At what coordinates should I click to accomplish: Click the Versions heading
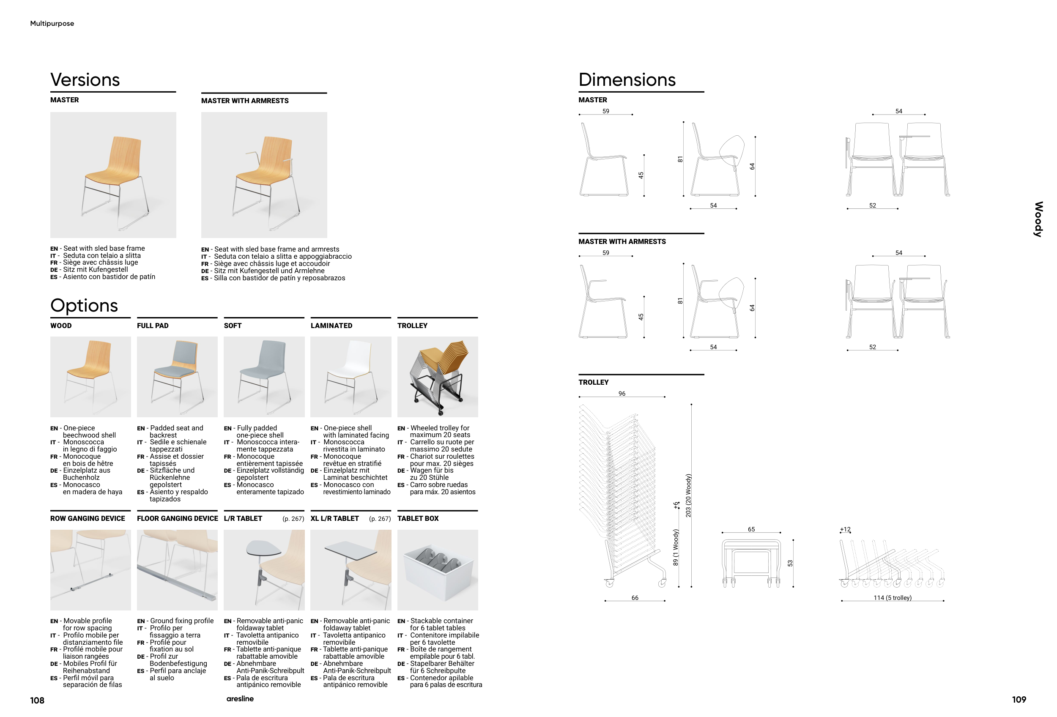(85, 79)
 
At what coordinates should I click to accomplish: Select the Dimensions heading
(627, 79)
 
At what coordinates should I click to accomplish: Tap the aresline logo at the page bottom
(240, 699)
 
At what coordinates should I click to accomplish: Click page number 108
(37, 700)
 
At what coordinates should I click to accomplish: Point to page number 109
(1019, 700)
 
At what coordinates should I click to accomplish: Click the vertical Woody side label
(1038, 219)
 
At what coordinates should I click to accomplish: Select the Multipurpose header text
(52, 24)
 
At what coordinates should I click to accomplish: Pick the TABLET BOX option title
(418, 518)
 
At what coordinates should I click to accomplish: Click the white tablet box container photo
(438, 570)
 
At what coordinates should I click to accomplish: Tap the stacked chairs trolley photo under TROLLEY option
(438, 377)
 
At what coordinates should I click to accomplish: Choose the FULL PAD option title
(153, 326)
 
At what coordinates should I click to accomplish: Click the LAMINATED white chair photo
(351, 377)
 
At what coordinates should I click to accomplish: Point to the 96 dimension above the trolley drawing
(622, 394)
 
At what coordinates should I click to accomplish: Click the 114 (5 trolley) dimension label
(893, 598)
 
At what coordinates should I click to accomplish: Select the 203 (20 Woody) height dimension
(688, 495)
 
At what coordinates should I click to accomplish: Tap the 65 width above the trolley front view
(751, 529)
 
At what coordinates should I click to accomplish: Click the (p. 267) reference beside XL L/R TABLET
(380, 519)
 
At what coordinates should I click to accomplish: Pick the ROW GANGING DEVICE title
(88, 518)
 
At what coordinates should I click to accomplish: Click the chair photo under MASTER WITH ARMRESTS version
(264, 175)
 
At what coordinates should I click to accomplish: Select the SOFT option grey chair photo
(264, 377)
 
